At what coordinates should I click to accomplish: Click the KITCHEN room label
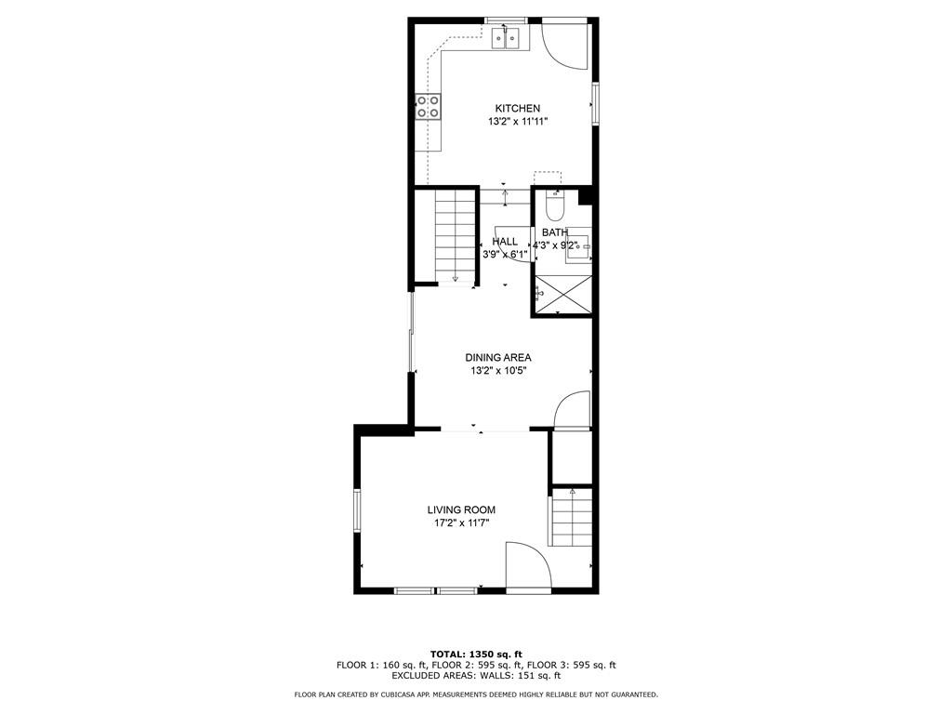tap(517, 109)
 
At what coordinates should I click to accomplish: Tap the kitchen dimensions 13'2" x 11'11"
tap(518, 122)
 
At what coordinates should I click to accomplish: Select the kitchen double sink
tap(506, 39)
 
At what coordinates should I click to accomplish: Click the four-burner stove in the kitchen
tap(428, 107)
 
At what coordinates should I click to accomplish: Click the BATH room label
tap(555, 232)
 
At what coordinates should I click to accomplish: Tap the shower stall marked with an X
tap(562, 295)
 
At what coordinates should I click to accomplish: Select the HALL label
tap(505, 242)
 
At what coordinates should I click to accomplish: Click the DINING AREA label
tap(498, 358)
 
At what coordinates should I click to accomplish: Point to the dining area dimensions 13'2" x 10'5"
tap(498, 371)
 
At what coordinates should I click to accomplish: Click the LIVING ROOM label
tap(461, 510)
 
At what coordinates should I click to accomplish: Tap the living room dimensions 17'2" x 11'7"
tap(461, 523)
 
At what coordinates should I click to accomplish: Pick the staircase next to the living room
tap(572, 517)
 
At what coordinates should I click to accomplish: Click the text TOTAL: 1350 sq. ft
tap(476, 654)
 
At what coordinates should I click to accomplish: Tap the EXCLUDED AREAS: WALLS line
tap(476, 675)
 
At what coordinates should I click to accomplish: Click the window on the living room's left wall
tap(357, 510)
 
